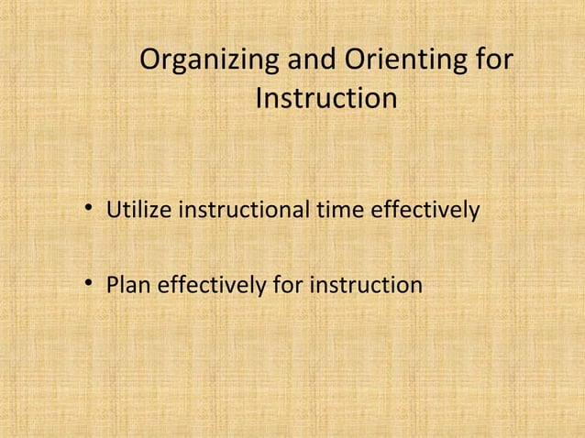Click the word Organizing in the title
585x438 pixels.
coord(210,62)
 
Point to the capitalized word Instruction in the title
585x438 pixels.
coord(326,97)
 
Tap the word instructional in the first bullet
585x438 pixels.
coord(245,212)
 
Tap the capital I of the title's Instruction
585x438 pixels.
coord(259,97)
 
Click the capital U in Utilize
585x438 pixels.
coord(116,212)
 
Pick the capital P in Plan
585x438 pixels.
coord(114,286)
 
